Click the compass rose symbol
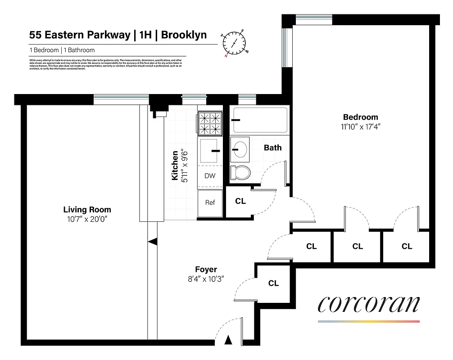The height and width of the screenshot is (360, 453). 234,43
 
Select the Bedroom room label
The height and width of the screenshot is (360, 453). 361,117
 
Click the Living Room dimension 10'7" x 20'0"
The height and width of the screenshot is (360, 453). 87,219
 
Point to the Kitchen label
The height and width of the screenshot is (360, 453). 174,166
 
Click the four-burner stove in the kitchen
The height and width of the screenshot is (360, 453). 210,123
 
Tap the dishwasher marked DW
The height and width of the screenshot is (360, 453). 210,176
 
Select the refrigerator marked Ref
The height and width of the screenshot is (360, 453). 210,202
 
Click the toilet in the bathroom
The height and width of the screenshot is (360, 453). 239,173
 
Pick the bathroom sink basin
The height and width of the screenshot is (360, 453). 239,148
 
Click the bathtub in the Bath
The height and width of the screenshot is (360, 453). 258,120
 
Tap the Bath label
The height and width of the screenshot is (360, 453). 272,148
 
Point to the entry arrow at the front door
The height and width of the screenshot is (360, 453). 228,340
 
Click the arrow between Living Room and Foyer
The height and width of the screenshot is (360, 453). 153,242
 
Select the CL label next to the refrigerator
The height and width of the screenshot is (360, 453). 240,201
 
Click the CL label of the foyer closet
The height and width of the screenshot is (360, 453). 273,283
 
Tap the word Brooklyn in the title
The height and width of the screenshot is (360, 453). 184,35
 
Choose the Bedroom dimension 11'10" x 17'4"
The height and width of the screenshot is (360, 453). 361,126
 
